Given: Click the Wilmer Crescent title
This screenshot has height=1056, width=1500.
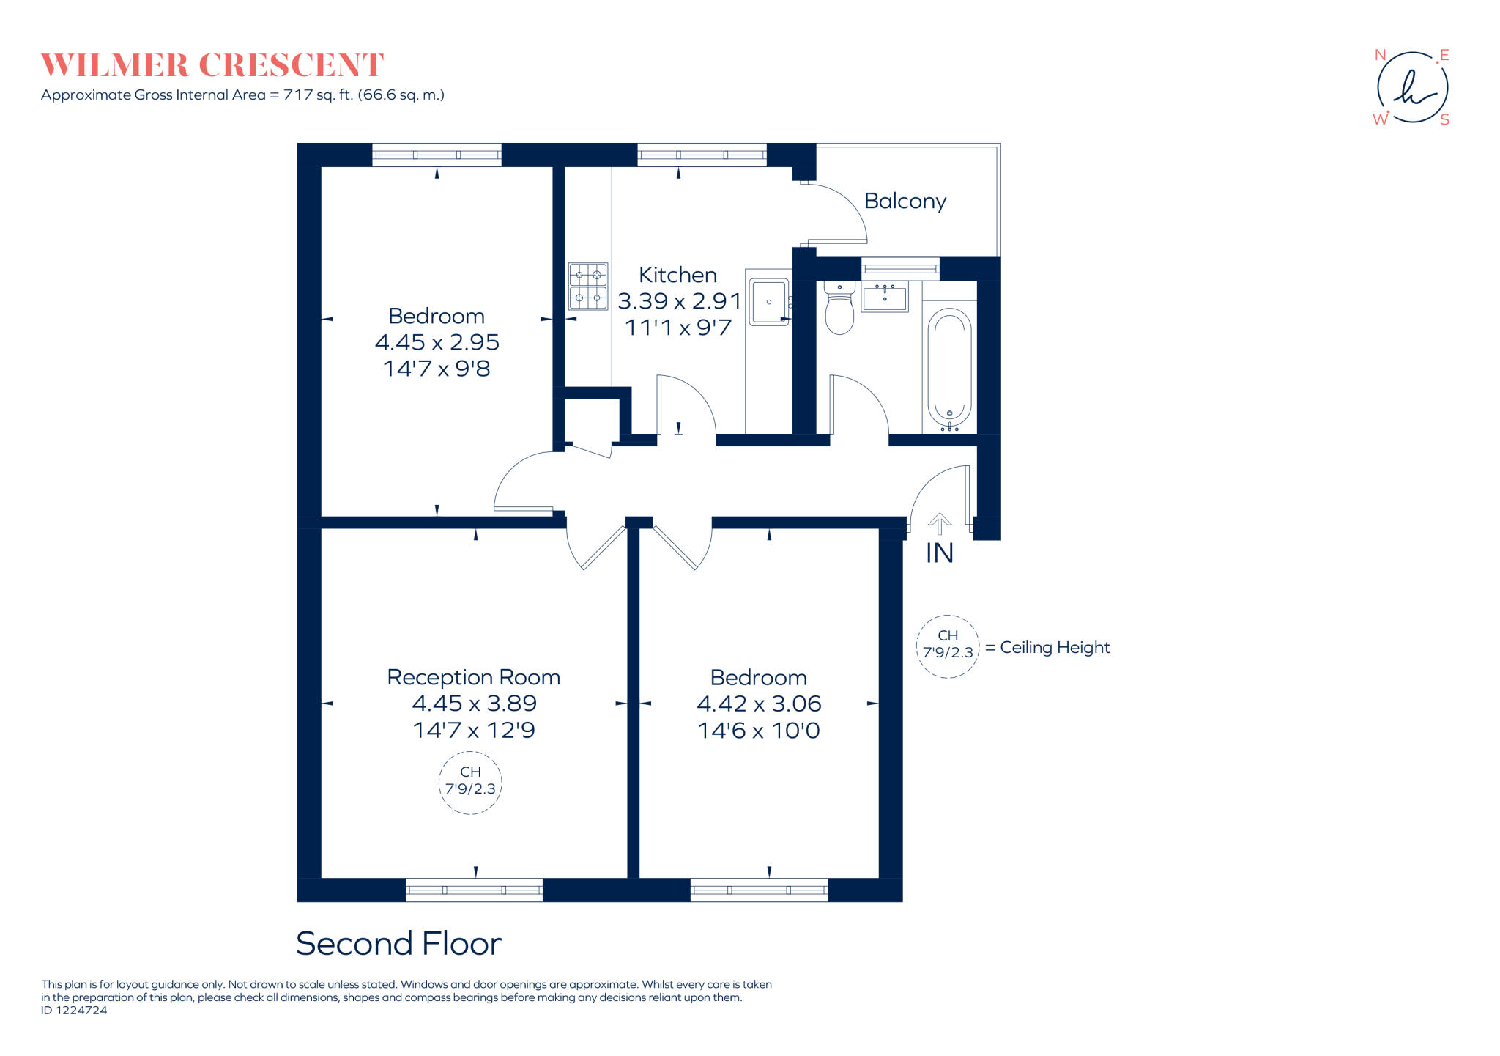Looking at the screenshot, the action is [x=212, y=65].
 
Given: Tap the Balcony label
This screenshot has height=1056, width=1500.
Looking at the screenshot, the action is [x=905, y=201].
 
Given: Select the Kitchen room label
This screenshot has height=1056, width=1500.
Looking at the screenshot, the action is [x=677, y=275].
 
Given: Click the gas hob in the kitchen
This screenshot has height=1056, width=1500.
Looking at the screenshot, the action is [x=588, y=286].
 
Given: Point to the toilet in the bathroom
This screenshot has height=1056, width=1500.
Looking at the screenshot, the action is [x=839, y=307].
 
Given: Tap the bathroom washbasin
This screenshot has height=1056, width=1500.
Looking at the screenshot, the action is [x=885, y=297].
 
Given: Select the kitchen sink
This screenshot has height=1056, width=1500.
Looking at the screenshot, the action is [x=769, y=301].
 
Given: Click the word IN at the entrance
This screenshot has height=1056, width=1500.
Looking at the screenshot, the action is [x=940, y=553].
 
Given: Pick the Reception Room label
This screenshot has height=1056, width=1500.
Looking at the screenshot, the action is [x=474, y=677].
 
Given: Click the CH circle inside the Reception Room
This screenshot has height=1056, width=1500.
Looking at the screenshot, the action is [x=470, y=753].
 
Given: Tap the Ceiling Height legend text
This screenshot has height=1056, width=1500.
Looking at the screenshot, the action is [x=1055, y=648].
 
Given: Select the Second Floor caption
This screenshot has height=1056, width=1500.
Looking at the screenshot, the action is [x=398, y=943].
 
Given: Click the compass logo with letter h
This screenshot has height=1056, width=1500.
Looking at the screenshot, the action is [x=1412, y=88].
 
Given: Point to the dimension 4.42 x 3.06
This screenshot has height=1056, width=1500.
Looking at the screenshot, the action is [x=759, y=704].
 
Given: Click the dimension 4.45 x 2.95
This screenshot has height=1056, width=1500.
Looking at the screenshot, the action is [x=437, y=342].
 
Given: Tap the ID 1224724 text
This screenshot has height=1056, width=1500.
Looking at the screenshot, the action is [x=74, y=1011].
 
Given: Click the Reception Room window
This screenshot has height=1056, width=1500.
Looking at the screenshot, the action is [x=474, y=890].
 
